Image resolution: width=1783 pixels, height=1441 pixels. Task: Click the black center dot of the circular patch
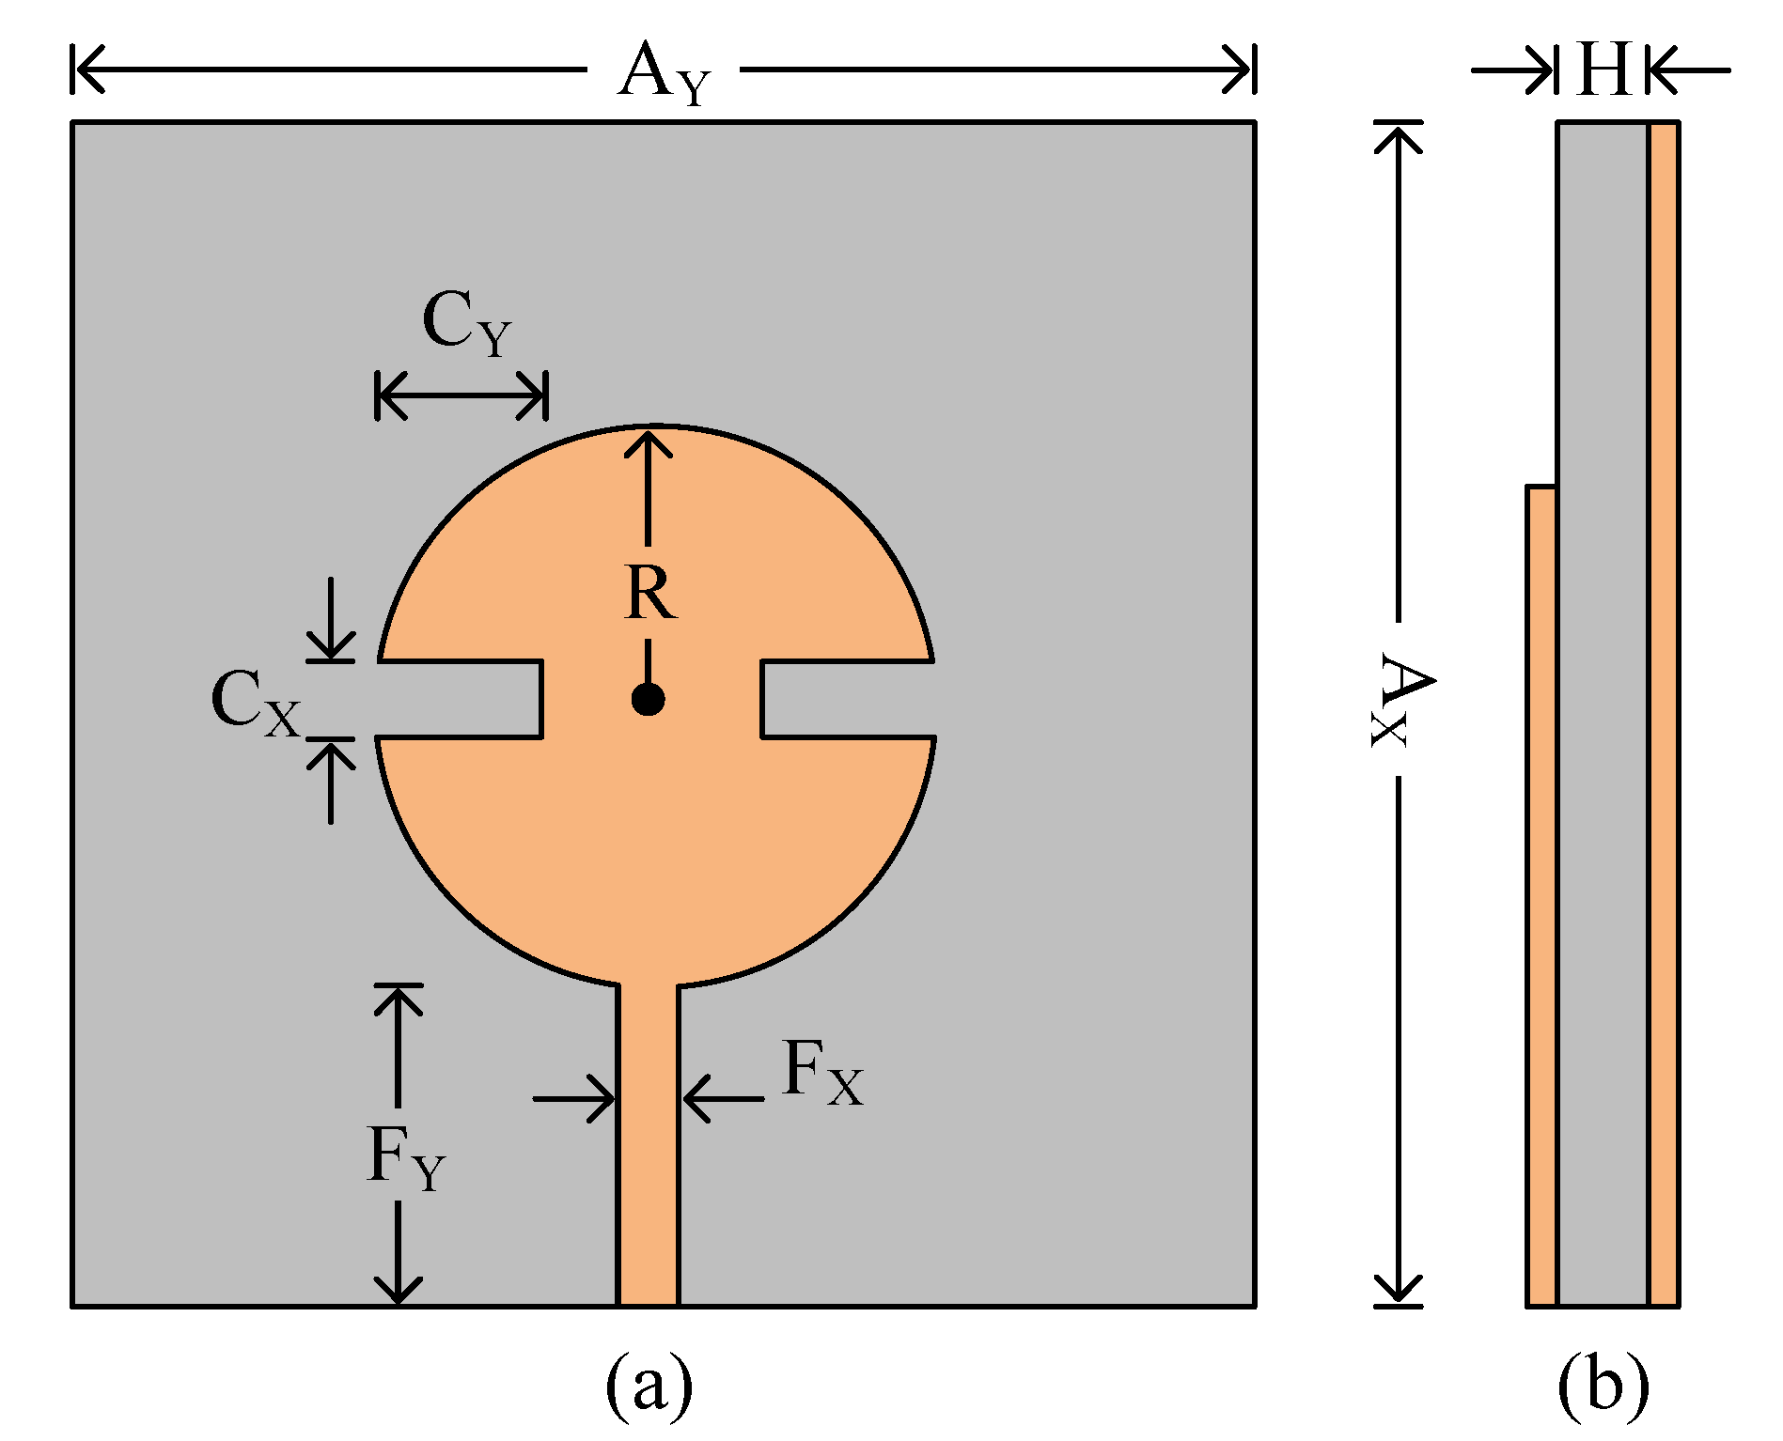pyautogui.click(x=648, y=699)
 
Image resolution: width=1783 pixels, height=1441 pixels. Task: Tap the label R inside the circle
pyautogui.click(x=649, y=594)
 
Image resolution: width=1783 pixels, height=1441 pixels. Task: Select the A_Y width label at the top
pyautogui.click(x=664, y=73)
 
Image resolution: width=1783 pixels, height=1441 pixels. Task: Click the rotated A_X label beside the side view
pyautogui.click(x=1400, y=701)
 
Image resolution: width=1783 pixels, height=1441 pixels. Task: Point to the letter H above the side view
pyautogui.click(x=1603, y=70)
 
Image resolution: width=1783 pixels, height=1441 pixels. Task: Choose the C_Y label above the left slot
pyautogui.click(x=466, y=323)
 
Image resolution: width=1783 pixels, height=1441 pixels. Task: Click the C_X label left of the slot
pyautogui.click(x=255, y=703)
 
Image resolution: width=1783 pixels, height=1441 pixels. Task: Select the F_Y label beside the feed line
pyautogui.click(x=405, y=1158)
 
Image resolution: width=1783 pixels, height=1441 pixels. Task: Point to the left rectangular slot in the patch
pyautogui.click(x=461, y=700)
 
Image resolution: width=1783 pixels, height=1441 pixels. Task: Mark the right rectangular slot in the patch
pyautogui.click(x=846, y=700)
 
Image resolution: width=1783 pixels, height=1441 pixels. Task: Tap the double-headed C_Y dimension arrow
pyautogui.click(x=461, y=395)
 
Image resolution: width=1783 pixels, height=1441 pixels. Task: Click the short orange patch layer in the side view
pyautogui.click(x=1541, y=892)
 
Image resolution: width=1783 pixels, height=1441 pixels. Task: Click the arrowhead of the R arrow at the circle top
pyautogui.click(x=648, y=440)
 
